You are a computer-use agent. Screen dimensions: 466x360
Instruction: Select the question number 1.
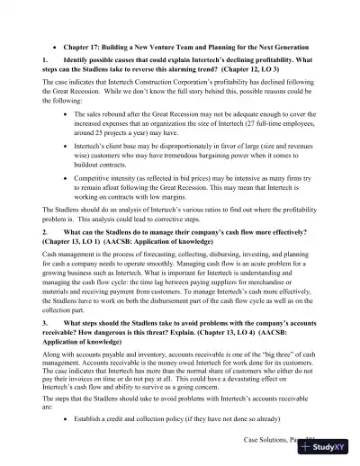43,61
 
